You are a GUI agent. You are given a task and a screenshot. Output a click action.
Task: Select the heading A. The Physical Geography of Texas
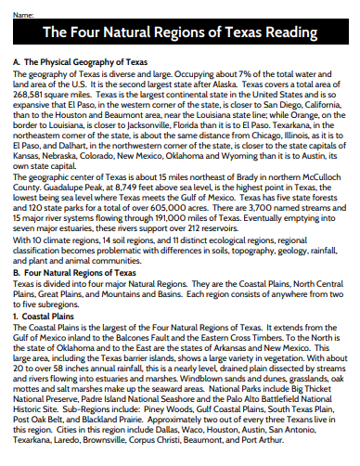pos(80,61)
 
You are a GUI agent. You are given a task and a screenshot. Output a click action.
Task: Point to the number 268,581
pos(33,96)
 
